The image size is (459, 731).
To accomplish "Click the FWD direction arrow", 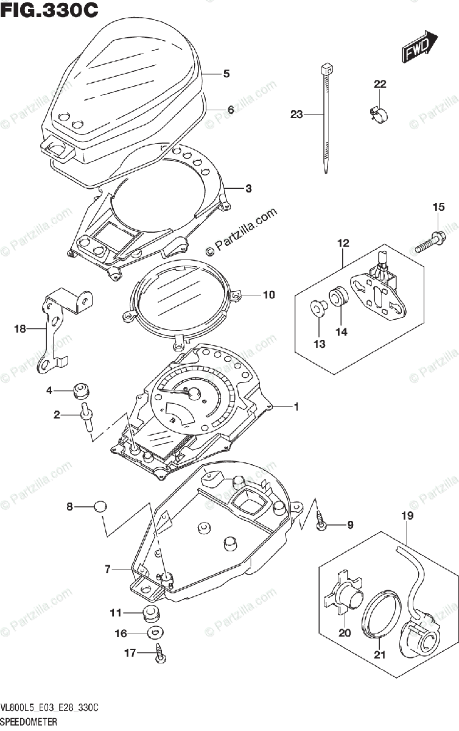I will click(419, 47).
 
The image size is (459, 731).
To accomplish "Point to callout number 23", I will click(296, 114).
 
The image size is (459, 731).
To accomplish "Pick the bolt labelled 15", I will click(430, 242).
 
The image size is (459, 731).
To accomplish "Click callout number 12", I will click(343, 243).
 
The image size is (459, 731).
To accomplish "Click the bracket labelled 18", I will click(63, 329).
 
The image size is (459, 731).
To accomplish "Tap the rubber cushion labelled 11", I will click(150, 612).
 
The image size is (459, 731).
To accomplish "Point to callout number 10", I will click(268, 295).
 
